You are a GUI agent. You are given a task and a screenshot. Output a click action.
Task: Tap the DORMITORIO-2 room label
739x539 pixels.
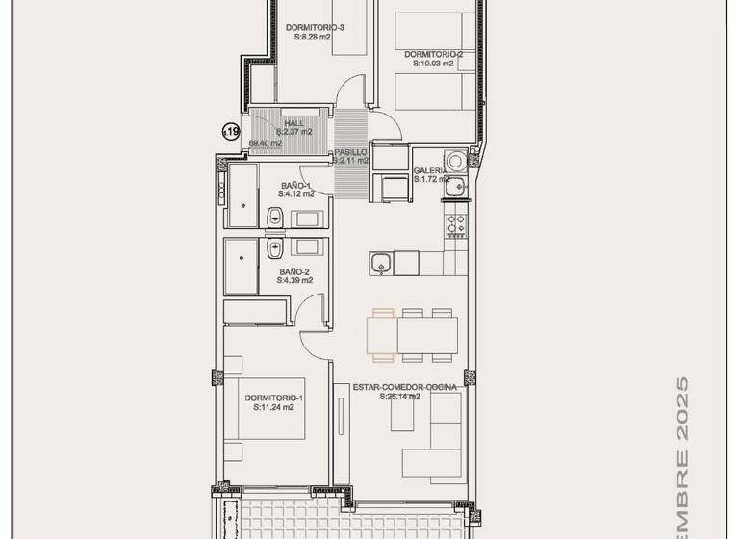tap(434, 55)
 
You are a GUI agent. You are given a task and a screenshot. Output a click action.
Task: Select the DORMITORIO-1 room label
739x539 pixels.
tap(274, 398)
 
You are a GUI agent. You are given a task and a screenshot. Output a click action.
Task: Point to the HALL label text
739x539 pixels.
tap(293, 123)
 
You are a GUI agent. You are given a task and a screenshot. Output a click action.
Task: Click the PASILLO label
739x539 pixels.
tap(350, 152)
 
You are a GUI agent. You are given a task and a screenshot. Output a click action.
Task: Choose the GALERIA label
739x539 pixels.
tap(429, 170)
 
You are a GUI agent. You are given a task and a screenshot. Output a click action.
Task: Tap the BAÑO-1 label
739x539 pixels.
tap(295, 185)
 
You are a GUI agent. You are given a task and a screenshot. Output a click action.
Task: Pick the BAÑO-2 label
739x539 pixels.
tap(294, 271)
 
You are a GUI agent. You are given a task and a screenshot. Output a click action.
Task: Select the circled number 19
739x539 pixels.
tap(231, 133)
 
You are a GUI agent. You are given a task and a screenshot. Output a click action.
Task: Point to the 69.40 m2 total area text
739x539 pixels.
tap(266, 143)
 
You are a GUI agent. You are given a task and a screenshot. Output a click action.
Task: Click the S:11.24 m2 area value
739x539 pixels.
tap(274, 407)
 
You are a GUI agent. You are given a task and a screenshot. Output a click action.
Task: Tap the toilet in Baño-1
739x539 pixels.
tap(274, 218)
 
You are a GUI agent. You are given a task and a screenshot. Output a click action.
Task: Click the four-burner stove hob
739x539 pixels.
tap(455, 226)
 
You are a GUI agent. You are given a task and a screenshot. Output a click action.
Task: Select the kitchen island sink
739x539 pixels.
tap(381, 262)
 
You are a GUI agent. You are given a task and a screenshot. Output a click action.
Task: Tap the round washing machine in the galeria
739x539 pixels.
tap(455, 159)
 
